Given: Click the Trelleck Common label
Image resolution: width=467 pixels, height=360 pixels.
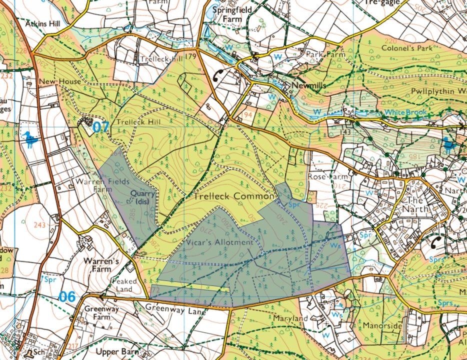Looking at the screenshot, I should tap(233, 196).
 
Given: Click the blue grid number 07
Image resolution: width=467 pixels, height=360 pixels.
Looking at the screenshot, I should tap(100, 127).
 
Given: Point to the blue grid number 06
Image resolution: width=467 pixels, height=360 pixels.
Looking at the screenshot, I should tap(67, 296).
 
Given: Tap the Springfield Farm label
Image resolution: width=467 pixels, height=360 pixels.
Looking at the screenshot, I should tap(233, 14).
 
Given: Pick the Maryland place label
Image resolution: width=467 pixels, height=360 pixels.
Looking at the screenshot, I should tap(290, 318).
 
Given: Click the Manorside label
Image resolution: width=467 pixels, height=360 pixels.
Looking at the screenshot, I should tap(384, 325).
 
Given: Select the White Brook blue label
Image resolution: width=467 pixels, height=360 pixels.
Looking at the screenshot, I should tap(406, 112).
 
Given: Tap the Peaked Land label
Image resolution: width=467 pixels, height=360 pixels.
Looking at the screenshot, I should tap(124, 285).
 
